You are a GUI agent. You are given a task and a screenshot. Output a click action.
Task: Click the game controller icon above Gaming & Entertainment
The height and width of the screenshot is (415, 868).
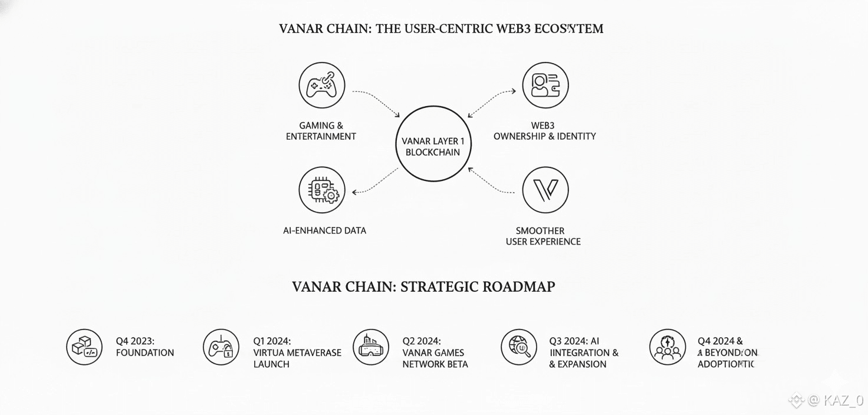[x=321, y=85]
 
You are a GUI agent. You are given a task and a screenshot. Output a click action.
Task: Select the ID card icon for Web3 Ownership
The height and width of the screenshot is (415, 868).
[x=545, y=85]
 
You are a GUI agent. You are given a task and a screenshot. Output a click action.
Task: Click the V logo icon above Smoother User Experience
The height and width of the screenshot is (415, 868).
[x=545, y=190]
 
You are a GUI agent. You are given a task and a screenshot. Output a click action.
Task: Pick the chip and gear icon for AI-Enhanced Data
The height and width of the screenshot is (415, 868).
[x=321, y=190]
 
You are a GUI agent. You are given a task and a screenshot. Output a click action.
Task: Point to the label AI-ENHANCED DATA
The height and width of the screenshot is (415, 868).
[x=324, y=230]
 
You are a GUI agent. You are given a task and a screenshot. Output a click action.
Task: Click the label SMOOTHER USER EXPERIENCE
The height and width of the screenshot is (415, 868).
[x=542, y=236]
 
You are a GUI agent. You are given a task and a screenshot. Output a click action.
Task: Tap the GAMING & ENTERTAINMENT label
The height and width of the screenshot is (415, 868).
[x=321, y=131]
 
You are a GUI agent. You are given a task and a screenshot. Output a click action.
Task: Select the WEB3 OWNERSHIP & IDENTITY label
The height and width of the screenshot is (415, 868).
[x=544, y=131]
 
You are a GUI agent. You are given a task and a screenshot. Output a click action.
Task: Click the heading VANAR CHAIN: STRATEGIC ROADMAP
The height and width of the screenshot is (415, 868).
[x=423, y=287]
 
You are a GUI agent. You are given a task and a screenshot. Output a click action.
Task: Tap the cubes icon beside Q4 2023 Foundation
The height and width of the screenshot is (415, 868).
[x=84, y=347]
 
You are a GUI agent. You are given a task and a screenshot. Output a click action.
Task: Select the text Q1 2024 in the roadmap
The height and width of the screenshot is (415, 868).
[x=272, y=341]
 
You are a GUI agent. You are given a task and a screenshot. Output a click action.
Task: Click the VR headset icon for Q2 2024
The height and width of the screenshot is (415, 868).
[x=371, y=347]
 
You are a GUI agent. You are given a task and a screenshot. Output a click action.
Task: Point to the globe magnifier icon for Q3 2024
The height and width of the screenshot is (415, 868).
[x=519, y=347]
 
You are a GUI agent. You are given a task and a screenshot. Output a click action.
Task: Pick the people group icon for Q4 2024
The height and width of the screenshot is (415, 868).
[x=668, y=347]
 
